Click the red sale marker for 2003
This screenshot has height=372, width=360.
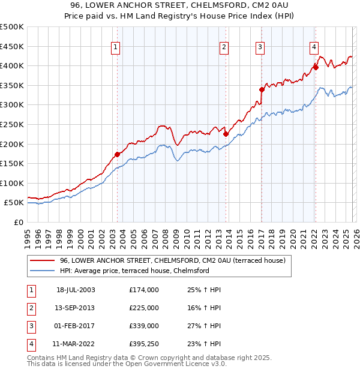[118, 154]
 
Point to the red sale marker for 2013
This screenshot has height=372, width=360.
[226, 134]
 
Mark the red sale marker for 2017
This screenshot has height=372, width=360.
[262, 90]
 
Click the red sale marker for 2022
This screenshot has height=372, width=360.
[316, 68]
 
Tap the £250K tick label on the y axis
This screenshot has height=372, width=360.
[12, 124]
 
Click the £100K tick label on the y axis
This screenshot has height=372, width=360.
[12, 183]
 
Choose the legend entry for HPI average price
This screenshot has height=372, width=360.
[134, 271]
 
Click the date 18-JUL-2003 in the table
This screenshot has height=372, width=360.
[76, 290]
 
